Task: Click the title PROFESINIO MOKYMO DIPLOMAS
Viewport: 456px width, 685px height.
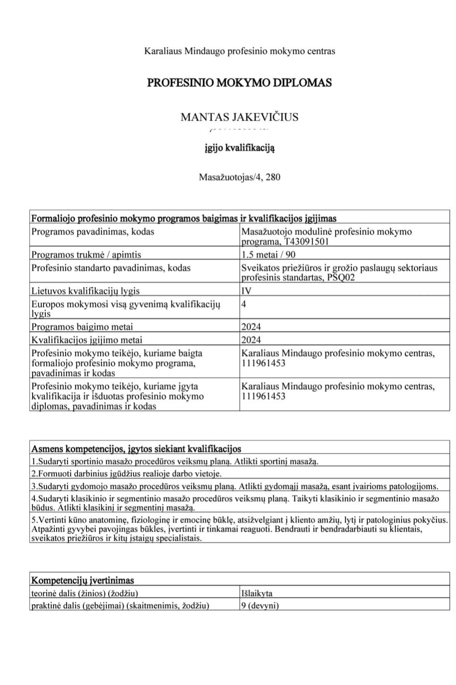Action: [239, 83]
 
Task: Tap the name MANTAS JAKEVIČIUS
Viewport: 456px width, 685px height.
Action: [239, 117]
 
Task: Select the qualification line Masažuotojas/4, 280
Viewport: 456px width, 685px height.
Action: [239, 177]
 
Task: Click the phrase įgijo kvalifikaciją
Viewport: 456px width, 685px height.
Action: [239, 148]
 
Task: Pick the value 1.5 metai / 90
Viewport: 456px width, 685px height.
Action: [268, 255]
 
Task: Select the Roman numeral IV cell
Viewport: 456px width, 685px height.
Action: [246, 291]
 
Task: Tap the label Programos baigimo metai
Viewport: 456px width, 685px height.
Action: [82, 326]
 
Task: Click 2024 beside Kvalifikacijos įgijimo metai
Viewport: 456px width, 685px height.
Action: [251, 340]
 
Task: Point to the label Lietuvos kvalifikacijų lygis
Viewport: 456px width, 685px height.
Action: [85, 291]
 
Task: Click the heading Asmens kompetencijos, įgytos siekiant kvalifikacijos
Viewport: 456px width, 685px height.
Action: [136, 449]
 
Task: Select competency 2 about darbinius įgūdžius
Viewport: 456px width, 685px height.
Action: [126, 474]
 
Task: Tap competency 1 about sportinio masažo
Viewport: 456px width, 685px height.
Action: [175, 462]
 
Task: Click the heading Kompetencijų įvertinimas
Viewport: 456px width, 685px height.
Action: [82, 580]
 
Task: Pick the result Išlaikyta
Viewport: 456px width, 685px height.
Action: [257, 593]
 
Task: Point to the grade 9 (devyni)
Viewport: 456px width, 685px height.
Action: [260, 606]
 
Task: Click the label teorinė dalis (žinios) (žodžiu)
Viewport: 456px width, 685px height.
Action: [85, 593]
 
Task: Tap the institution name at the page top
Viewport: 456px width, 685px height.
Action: [239, 51]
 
